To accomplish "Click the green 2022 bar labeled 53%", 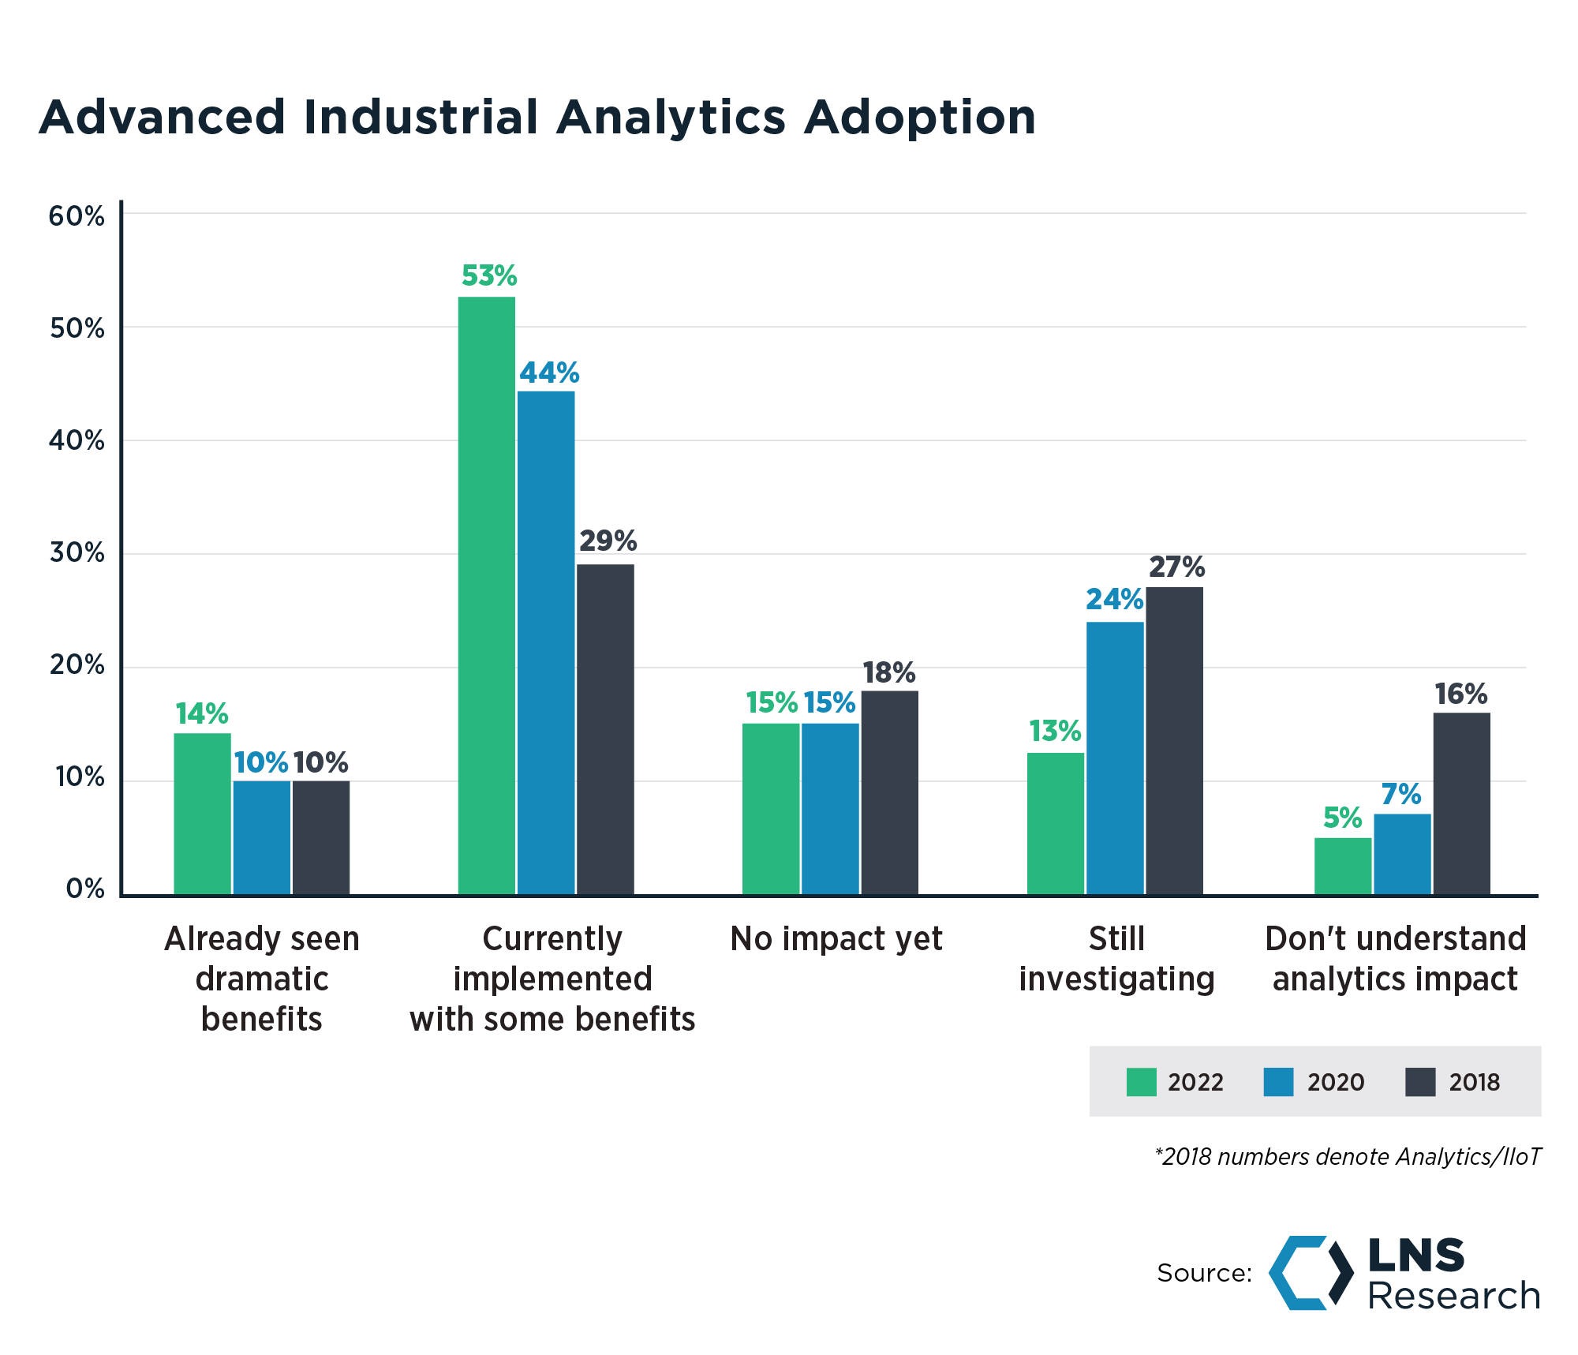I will click(x=486, y=596).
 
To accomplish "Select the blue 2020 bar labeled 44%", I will click(x=546, y=642).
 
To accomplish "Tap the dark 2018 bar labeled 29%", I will click(x=605, y=729).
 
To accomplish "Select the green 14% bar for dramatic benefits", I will click(x=202, y=814).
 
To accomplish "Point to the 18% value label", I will click(x=889, y=673).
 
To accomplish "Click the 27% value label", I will click(x=1176, y=567).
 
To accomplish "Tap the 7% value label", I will click(x=1401, y=795).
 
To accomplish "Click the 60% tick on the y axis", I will click(x=77, y=216).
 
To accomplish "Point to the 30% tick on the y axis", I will click(x=77, y=553).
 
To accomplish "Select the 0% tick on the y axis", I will click(x=84, y=889).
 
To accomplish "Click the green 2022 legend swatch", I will click(x=1141, y=1082).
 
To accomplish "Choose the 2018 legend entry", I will click(x=1452, y=1082).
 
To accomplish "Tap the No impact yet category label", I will click(x=836, y=939).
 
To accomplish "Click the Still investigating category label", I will click(x=1116, y=959).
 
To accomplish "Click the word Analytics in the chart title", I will click(x=671, y=118).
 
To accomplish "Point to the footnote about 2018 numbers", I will click(x=1348, y=1157).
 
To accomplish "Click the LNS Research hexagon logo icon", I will click(x=1310, y=1273).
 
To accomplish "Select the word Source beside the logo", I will click(x=1204, y=1273).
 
